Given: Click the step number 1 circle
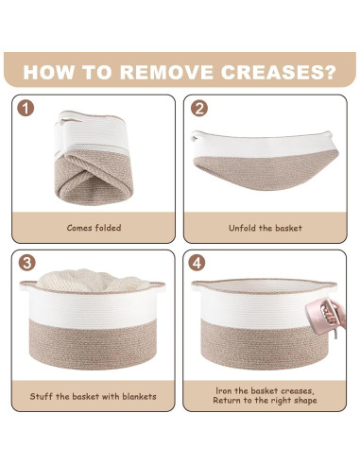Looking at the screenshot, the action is [26, 109].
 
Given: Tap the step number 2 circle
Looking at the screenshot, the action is [199, 109].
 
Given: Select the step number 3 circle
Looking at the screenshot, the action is [26, 263].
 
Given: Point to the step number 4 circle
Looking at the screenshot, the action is [197, 263].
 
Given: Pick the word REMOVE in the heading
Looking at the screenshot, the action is [166, 72].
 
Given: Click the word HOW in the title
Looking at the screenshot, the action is [48, 72].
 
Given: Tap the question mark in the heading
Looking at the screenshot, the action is [329, 72].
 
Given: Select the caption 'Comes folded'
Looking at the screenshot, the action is [94, 228].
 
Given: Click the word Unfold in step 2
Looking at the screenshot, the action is [243, 228].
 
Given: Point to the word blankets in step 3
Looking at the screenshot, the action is [139, 396].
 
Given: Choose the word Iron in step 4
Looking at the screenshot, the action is [224, 391].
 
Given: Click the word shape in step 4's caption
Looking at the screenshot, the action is [305, 401].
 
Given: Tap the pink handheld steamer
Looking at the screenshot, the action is [319, 316].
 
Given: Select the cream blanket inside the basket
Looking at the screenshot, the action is [92, 281].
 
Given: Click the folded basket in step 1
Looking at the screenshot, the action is [94, 158].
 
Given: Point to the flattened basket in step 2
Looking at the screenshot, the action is [265, 161].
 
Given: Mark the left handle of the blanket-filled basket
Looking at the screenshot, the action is [27, 285].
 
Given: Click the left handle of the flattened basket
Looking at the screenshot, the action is [196, 136].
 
